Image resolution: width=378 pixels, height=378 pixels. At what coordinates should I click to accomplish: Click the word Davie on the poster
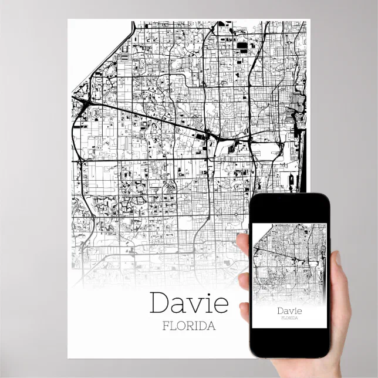(188, 303)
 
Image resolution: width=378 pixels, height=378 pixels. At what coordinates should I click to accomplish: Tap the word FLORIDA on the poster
(188, 326)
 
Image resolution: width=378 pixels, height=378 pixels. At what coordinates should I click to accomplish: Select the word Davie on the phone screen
(289, 310)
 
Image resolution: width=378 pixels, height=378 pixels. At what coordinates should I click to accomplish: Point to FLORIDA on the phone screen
(289, 318)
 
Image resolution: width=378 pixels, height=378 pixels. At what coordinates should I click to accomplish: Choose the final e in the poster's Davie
(220, 305)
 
